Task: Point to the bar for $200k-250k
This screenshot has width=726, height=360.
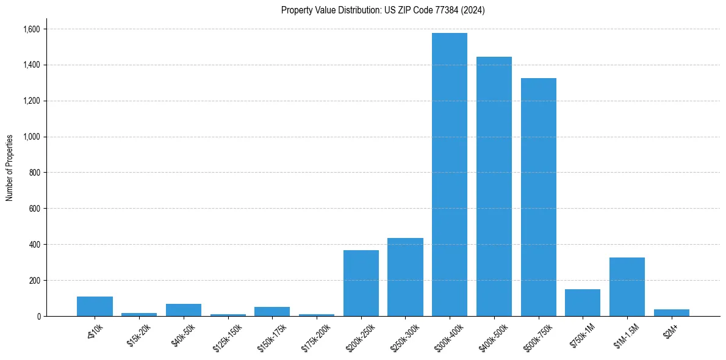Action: tap(361, 283)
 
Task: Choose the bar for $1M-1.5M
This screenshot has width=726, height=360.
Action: tap(627, 287)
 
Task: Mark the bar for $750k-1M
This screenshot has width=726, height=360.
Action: tap(583, 303)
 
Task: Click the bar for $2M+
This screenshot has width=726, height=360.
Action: tap(672, 313)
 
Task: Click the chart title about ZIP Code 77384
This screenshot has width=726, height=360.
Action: tap(383, 10)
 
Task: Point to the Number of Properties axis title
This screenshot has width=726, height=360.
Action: tap(10, 168)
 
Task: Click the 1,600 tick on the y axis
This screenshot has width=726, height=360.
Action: tap(31, 29)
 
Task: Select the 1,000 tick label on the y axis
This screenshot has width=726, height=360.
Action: tap(31, 137)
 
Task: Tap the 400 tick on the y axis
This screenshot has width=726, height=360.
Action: tap(35, 245)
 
